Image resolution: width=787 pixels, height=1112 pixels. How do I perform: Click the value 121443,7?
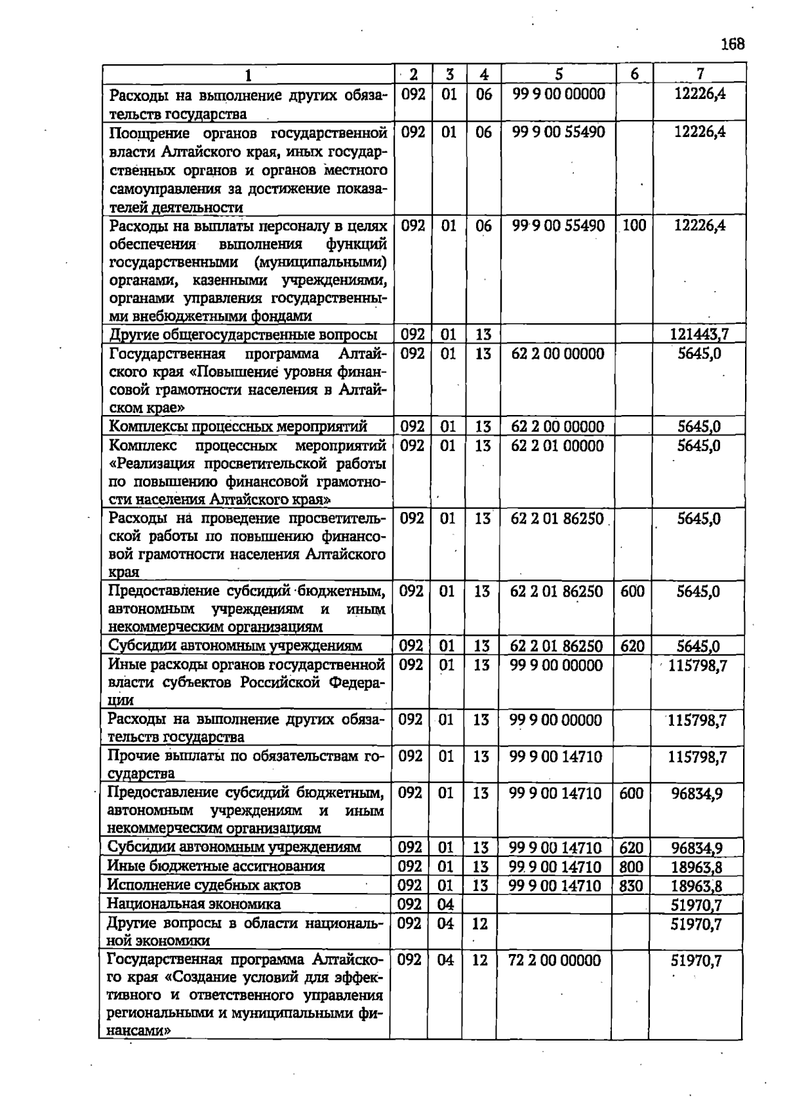pyautogui.click(x=698, y=334)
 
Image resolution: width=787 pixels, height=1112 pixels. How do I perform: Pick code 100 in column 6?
pyautogui.click(x=634, y=226)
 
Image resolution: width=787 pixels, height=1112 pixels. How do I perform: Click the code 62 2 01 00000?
pyautogui.click(x=557, y=446)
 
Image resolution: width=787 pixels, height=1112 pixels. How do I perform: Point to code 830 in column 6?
pyautogui.click(x=631, y=886)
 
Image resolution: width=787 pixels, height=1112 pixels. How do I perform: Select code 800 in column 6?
pyautogui.click(x=631, y=867)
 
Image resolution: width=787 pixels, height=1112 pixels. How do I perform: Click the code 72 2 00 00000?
pyautogui.click(x=554, y=961)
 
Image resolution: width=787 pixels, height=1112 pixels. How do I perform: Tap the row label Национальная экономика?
pyautogui.click(x=193, y=904)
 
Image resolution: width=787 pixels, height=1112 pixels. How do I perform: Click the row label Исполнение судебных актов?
pyautogui.click(x=203, y=885)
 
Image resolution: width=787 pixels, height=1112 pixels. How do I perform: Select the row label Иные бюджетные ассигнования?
pyautogui.click(x=216, y=866)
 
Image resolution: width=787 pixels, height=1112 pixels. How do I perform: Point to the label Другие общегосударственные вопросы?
pyautogui.click(x=243, y=334)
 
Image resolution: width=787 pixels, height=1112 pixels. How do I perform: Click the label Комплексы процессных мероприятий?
pyautogui.click(x=237, y=427)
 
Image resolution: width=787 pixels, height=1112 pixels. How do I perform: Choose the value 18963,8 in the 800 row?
pyautogui.click(x=696, y=867)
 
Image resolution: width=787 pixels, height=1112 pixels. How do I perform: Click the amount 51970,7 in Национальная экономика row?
pyautogui.click(x=696, y=905)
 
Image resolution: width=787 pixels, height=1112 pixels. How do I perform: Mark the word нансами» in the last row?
pyautogui.click(x=138, y=1030)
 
